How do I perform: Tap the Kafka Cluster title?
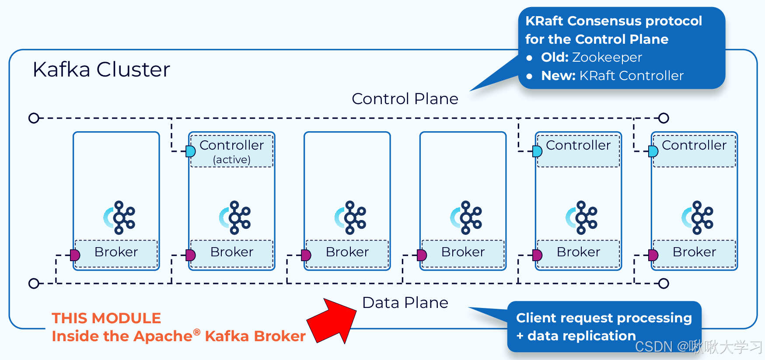coord(101,69)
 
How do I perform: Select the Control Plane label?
coord(405,99)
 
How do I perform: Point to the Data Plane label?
coord(405,303)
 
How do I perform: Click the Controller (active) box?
coord(232,151)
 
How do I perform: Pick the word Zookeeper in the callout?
coord(607,57)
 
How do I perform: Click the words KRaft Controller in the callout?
coord(631,76)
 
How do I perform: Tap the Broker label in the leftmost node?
coord(116,252)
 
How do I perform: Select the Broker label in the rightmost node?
coord(694,252)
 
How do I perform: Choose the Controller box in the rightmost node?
coord(694,150)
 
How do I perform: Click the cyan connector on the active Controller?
coord(191,151)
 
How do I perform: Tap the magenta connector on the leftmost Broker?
coord(75,255)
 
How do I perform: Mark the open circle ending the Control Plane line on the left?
coord(34,118)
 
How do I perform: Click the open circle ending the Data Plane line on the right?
coord(664,283)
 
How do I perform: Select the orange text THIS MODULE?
coord(106,318)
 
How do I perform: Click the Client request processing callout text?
coord(604,318)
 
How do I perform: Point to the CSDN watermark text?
coord(698,347)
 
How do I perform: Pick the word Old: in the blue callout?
coord(555,57)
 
